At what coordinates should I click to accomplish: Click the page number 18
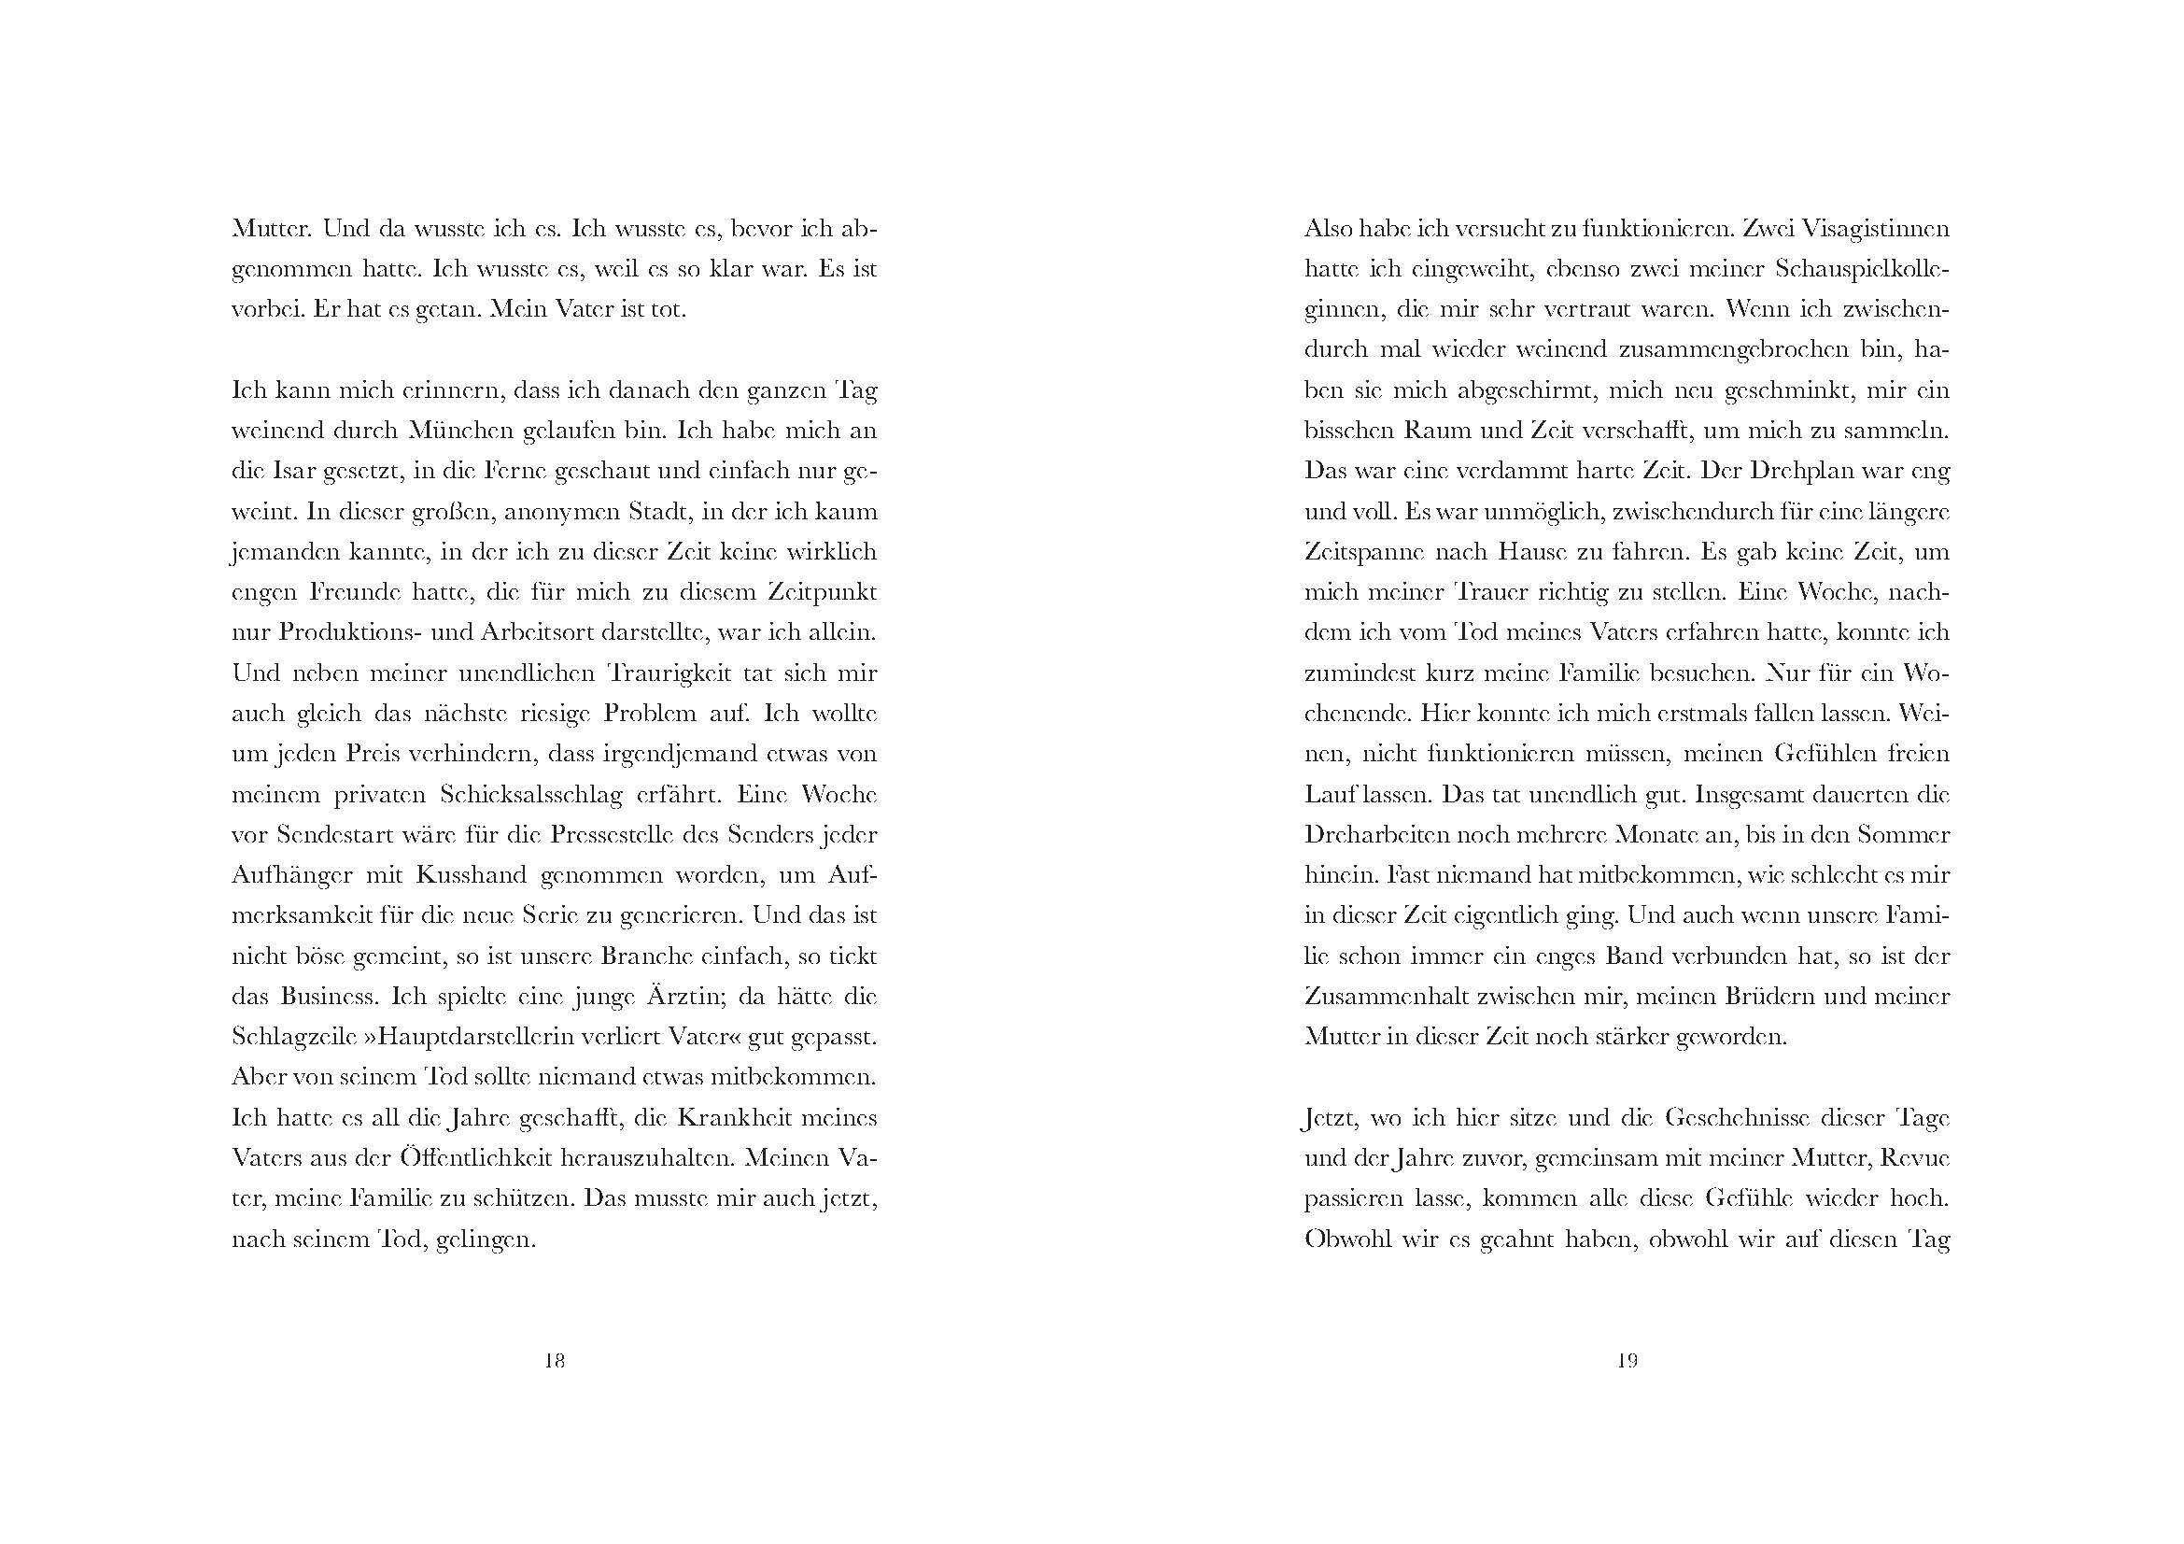555,1361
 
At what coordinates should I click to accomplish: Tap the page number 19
1627,1361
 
